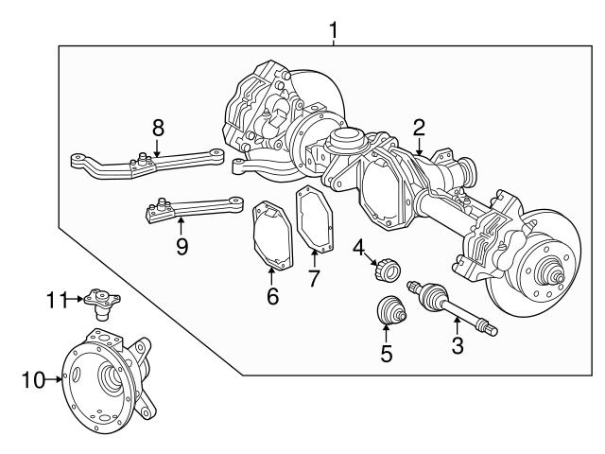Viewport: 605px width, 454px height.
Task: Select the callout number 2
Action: tap(419, 127)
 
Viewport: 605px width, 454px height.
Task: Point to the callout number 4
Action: tap(359, 247)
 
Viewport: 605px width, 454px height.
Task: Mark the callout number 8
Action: tap(158, 127)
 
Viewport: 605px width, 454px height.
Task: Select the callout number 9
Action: tap(181, 246)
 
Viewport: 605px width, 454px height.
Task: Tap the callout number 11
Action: tap(56, 301)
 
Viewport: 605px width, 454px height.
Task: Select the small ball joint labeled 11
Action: tap(97, 301)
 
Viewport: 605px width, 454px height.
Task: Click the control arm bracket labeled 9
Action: tap(189, 209)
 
